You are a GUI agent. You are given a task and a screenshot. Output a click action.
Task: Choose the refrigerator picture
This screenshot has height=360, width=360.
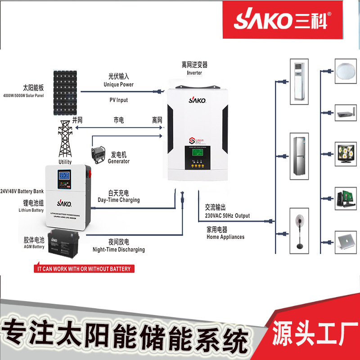(299, 154)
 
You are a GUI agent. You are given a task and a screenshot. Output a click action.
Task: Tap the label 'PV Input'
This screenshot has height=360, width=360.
(119, 100)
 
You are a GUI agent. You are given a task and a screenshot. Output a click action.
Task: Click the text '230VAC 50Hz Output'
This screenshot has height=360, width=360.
(227, 216)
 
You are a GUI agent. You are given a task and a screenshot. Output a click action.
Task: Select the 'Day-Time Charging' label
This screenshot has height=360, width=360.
(119, 200)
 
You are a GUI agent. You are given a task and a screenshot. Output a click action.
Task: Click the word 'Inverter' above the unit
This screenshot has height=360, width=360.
(194, 72)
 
